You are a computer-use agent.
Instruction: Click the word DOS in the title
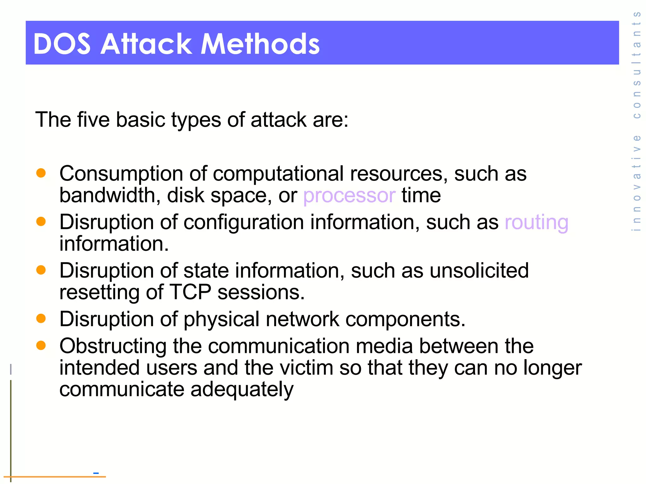(62, 44)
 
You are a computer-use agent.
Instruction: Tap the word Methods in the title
(260, 44)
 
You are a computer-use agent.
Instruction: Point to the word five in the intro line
(93, 120)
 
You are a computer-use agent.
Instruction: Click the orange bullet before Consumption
(41, 173)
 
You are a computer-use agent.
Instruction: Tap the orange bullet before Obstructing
(41, 345)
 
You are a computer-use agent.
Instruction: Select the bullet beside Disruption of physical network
(41, 318)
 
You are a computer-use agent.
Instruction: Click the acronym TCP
(191, 292)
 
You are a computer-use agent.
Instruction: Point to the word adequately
(242, 390)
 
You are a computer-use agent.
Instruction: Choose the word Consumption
(121, 174)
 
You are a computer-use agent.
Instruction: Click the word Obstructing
(113, 346)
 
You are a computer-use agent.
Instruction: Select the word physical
(221, 320)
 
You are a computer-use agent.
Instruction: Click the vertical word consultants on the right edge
(637, 65)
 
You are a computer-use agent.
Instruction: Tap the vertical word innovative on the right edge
(637, 183)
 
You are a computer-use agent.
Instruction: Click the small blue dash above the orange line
(96, 473)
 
